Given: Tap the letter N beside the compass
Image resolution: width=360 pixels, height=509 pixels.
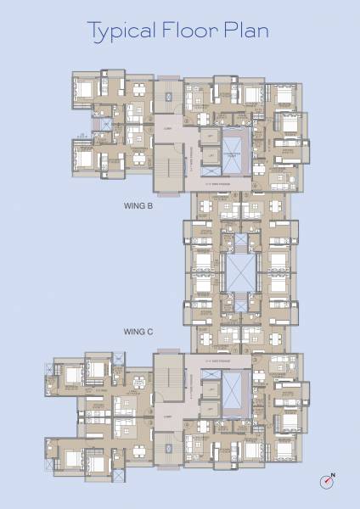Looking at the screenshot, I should pos(334,474).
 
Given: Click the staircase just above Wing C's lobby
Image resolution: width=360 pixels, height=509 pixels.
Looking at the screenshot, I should pos(167,380).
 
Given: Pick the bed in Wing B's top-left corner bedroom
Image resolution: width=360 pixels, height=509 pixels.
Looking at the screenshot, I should pos(82,87).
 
